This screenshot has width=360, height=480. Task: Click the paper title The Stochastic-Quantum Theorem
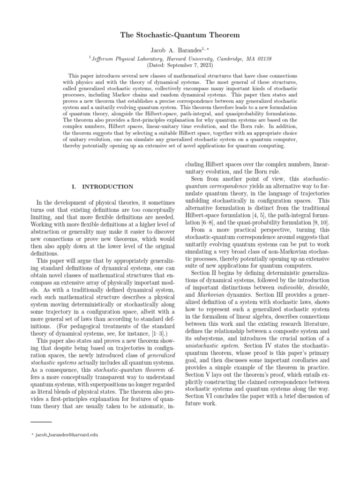(x=180, y=35)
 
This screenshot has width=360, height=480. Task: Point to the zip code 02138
(x=263, y=59)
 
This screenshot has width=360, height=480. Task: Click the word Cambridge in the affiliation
(x=230, y=59)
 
